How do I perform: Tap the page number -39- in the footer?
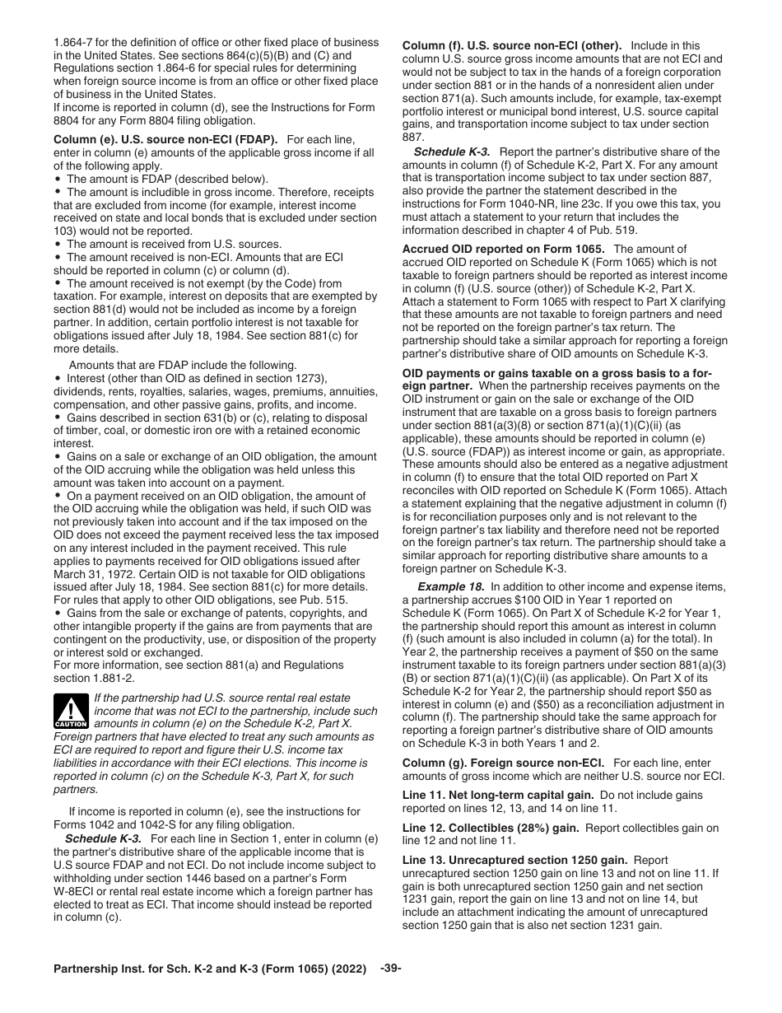(x=391, y=969)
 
